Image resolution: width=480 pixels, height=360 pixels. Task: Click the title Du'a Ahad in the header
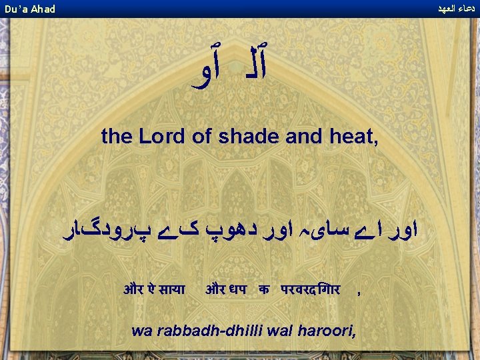click(30, 9)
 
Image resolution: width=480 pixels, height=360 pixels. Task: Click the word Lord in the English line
click(159, 137)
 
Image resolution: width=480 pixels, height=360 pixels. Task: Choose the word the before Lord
click(117, 137)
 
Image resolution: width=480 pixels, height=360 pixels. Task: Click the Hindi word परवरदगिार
click(311, 290)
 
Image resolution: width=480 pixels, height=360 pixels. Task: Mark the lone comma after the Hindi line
click(360, 292)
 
